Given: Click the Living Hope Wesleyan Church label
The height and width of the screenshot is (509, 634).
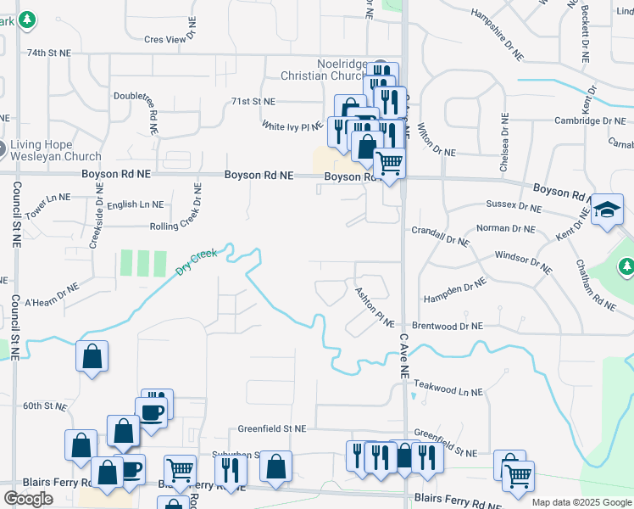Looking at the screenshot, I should click(x=56, y=150).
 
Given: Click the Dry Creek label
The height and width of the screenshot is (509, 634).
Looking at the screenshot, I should click(x=197, y=261).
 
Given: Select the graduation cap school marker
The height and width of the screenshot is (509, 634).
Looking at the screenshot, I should click(x=607, y=209).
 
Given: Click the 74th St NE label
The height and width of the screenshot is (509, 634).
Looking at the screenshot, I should click(x=47, y=53).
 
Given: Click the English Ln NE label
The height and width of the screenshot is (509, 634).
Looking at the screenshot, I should click(x=135, y=204).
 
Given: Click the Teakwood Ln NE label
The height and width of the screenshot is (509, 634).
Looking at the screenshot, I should click(x=448, y=392).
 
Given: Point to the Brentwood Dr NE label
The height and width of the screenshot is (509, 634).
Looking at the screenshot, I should click(x=447, y=326).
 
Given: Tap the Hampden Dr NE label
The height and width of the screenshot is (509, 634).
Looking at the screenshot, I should click(x=454, y=289).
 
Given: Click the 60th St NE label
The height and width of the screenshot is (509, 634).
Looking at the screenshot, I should click(x=44, y=406).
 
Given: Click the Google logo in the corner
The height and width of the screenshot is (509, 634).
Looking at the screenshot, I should click(x=28, y=499).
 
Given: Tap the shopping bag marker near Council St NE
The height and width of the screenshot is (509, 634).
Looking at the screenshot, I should click(x=92, y=357).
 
